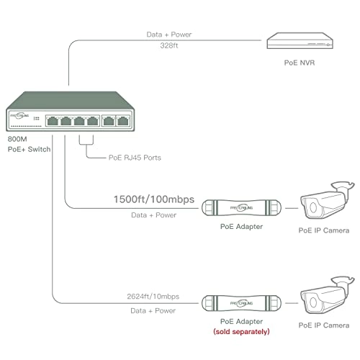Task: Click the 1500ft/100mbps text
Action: click(x=153, y=199)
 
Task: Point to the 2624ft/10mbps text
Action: click(x=154, y=296)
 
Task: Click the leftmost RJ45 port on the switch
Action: click(x=53, y=120)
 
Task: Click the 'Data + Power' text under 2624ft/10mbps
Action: click(x=154, y=310)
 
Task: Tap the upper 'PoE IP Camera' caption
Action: click(x=324, y=230)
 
